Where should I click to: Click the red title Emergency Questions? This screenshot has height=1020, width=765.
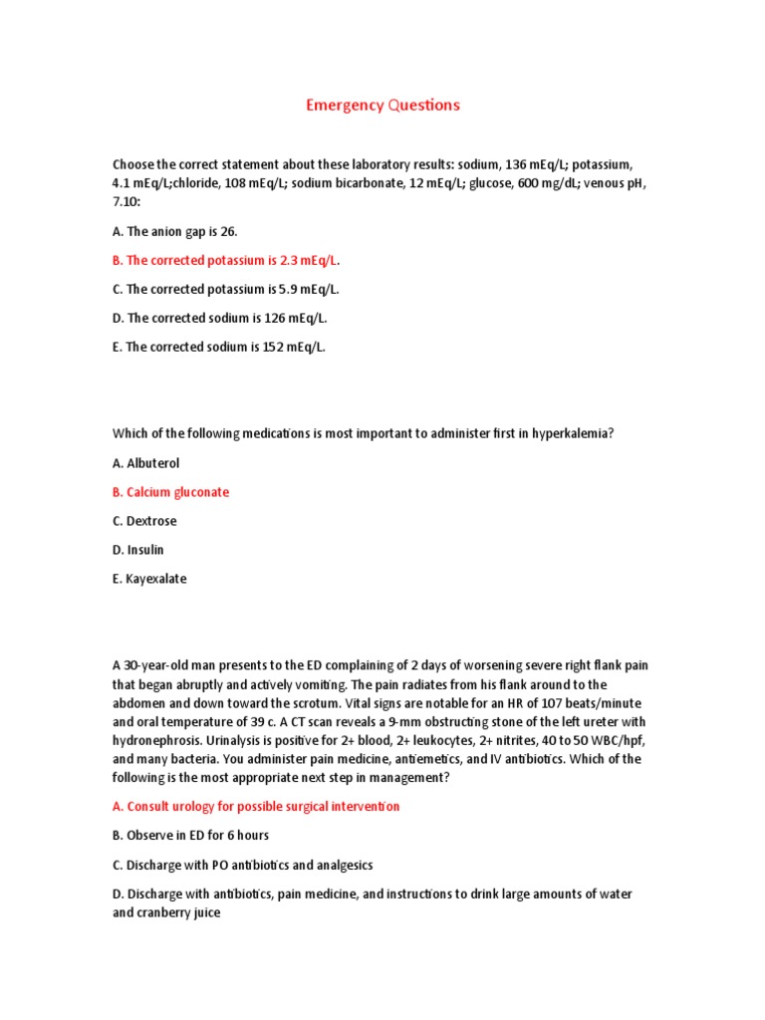pos(382,106)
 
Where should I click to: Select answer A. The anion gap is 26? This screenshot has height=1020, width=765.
pos(175,231)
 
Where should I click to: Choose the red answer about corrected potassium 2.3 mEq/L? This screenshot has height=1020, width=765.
pos(226,260)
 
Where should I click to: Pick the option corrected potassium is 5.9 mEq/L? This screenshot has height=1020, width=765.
pos(226,289)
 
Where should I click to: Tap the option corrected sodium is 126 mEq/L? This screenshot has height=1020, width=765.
pos(219,318)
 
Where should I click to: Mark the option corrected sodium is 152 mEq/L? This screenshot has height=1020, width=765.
pos(219,347)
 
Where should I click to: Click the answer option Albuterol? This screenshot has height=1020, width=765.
pos(146,463)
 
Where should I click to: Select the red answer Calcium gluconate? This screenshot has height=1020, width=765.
pos(170,492)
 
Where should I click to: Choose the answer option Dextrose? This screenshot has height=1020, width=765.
pos(144,521)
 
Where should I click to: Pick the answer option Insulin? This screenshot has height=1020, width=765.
pos(138,550)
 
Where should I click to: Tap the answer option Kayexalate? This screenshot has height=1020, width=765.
pos(149,579)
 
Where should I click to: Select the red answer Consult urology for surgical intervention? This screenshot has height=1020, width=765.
pos(256,806)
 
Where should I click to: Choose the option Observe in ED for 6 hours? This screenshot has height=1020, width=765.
pos(190,835)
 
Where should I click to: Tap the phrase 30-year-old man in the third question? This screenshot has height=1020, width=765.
pos(168,664)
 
